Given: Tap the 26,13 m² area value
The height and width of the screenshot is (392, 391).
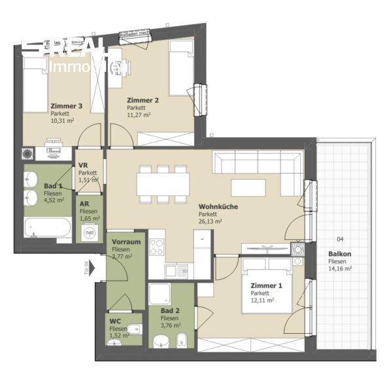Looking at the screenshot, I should click(211, 221).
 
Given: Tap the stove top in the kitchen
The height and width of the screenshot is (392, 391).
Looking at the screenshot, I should click(158, 247).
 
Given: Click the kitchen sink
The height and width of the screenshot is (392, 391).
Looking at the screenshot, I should click(176, 270).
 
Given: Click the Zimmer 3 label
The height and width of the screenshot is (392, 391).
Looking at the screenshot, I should click(66, 106).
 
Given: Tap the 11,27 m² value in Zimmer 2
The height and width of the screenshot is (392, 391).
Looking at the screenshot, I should click(139, 115).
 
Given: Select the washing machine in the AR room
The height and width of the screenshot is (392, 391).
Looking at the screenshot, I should click(90, 232).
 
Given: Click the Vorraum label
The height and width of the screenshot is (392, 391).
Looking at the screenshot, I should click(124, 242).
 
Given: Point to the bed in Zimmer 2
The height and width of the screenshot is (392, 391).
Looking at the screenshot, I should click(180, 68).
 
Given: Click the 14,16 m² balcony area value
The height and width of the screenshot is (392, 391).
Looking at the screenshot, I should click(339, 268).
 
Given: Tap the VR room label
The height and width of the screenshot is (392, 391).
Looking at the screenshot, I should click(83, 165).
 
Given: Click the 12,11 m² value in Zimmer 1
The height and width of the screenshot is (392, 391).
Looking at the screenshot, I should click(263, 301).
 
